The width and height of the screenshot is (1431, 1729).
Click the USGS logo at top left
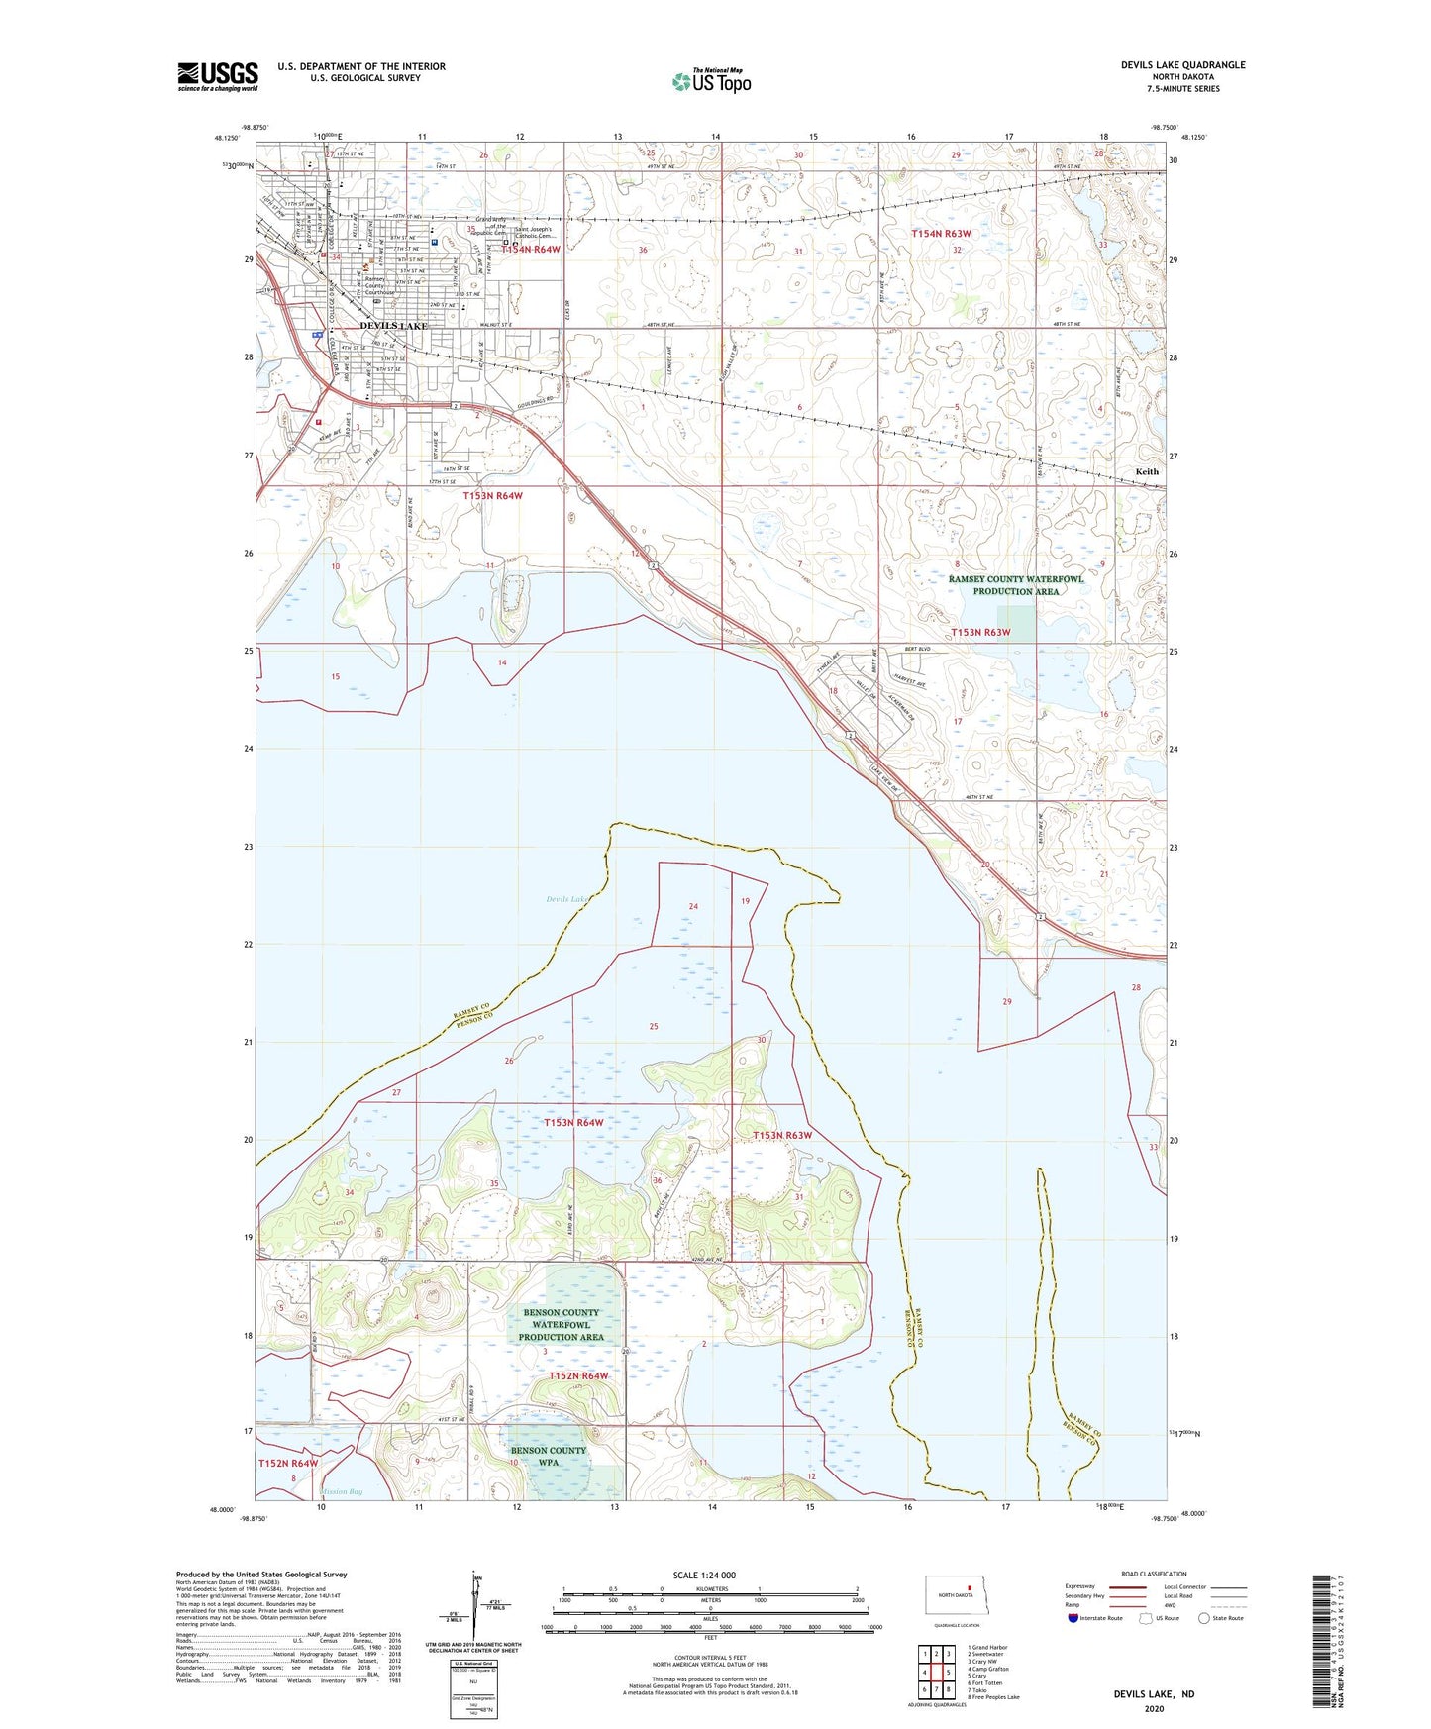coord(218,76)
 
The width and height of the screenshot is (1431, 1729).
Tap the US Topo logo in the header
coord(711,81)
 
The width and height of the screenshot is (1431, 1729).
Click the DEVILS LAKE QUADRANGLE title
coord(1182,65)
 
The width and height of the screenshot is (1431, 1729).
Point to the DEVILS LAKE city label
coord(393,326)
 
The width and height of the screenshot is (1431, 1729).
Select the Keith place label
coord(1146,471)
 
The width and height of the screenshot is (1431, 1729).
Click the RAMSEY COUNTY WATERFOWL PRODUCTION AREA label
coord(1015,585)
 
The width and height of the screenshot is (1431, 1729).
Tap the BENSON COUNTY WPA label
coord(548,1456)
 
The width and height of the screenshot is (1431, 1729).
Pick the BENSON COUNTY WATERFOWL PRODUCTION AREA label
coord(561,1324)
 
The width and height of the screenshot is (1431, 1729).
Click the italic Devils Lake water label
coord(567,899)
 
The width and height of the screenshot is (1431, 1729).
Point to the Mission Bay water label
coord(342,1491)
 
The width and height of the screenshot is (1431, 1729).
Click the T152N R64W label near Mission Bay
coord(288,1463)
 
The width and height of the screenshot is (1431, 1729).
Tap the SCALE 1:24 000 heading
coord(704,1576)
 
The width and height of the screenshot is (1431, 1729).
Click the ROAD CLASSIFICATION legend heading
coord(1154,1574)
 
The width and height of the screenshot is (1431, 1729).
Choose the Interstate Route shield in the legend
coord(1074,1618)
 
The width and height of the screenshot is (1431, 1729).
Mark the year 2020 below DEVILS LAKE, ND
coord(1154,1708)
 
